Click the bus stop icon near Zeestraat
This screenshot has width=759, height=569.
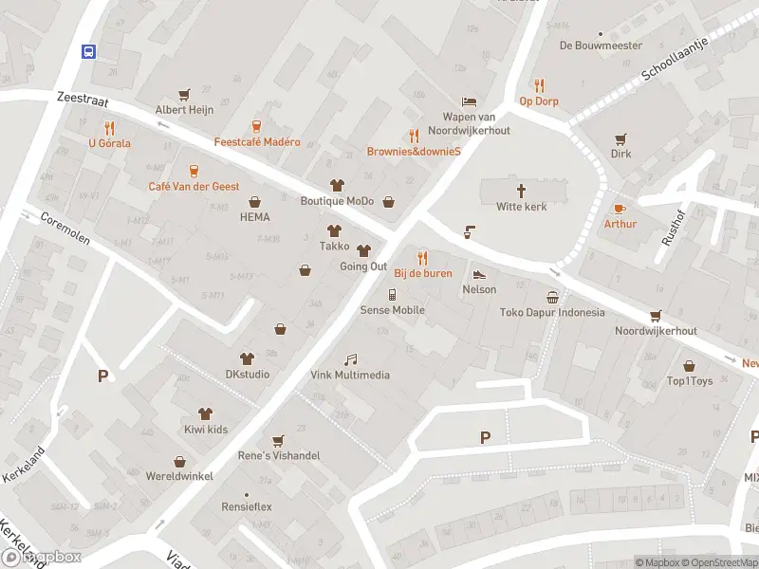click(88, 51)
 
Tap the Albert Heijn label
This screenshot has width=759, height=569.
click(184, 110)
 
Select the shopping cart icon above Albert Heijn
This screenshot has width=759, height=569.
click(184, 94)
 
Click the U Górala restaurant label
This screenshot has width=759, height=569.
click(109, 143)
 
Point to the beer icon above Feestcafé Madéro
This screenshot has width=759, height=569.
click(256, 126)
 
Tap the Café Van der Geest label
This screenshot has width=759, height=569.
click(194, 187)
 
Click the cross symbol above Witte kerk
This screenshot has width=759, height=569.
click(522, 190)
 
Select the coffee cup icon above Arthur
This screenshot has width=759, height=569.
click(620, 208)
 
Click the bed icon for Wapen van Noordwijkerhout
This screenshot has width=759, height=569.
click(468, 101)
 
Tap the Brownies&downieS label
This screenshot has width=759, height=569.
click(414, 152)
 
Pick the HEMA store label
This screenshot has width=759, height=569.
click(255, 217)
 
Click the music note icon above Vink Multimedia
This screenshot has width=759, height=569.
click(350, 358)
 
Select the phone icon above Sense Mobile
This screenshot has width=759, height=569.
click(392, 294)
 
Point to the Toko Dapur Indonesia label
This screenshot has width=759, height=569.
click(552, 313)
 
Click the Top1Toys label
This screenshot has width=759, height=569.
click(690, 381)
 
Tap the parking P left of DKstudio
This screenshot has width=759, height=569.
click(102, 376)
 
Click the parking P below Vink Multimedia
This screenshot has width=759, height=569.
click(486, 437)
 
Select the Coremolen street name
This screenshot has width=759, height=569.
click(65, 229)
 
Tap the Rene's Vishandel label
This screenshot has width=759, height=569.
click(278, 456)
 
